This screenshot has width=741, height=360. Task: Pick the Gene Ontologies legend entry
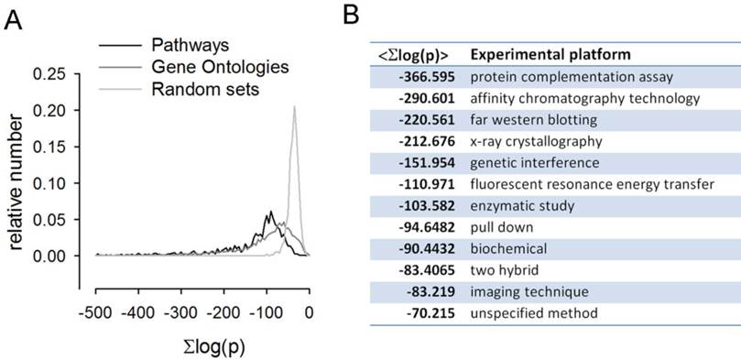point(208,66)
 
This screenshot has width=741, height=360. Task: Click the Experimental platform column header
point(550,54)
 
